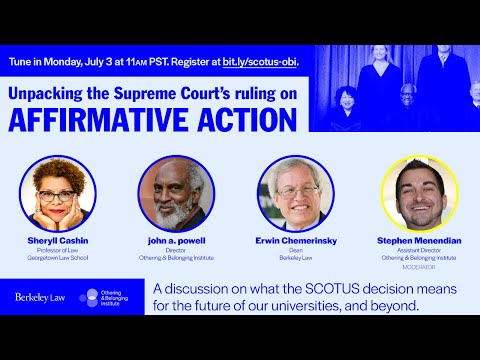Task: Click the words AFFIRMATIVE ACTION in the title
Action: pos(152,119)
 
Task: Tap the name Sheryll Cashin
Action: pos(60,241)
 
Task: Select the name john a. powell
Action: pos(175,241)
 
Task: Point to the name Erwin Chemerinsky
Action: pos(294,241)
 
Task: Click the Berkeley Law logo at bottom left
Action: pos(41,297)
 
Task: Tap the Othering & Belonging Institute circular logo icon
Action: pos(88,297)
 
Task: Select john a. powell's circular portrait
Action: pos(175,193)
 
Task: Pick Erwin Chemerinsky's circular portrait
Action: pos(294,193)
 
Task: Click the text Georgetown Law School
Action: pos(60,259)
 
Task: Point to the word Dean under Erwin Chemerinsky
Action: pos(294,251)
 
